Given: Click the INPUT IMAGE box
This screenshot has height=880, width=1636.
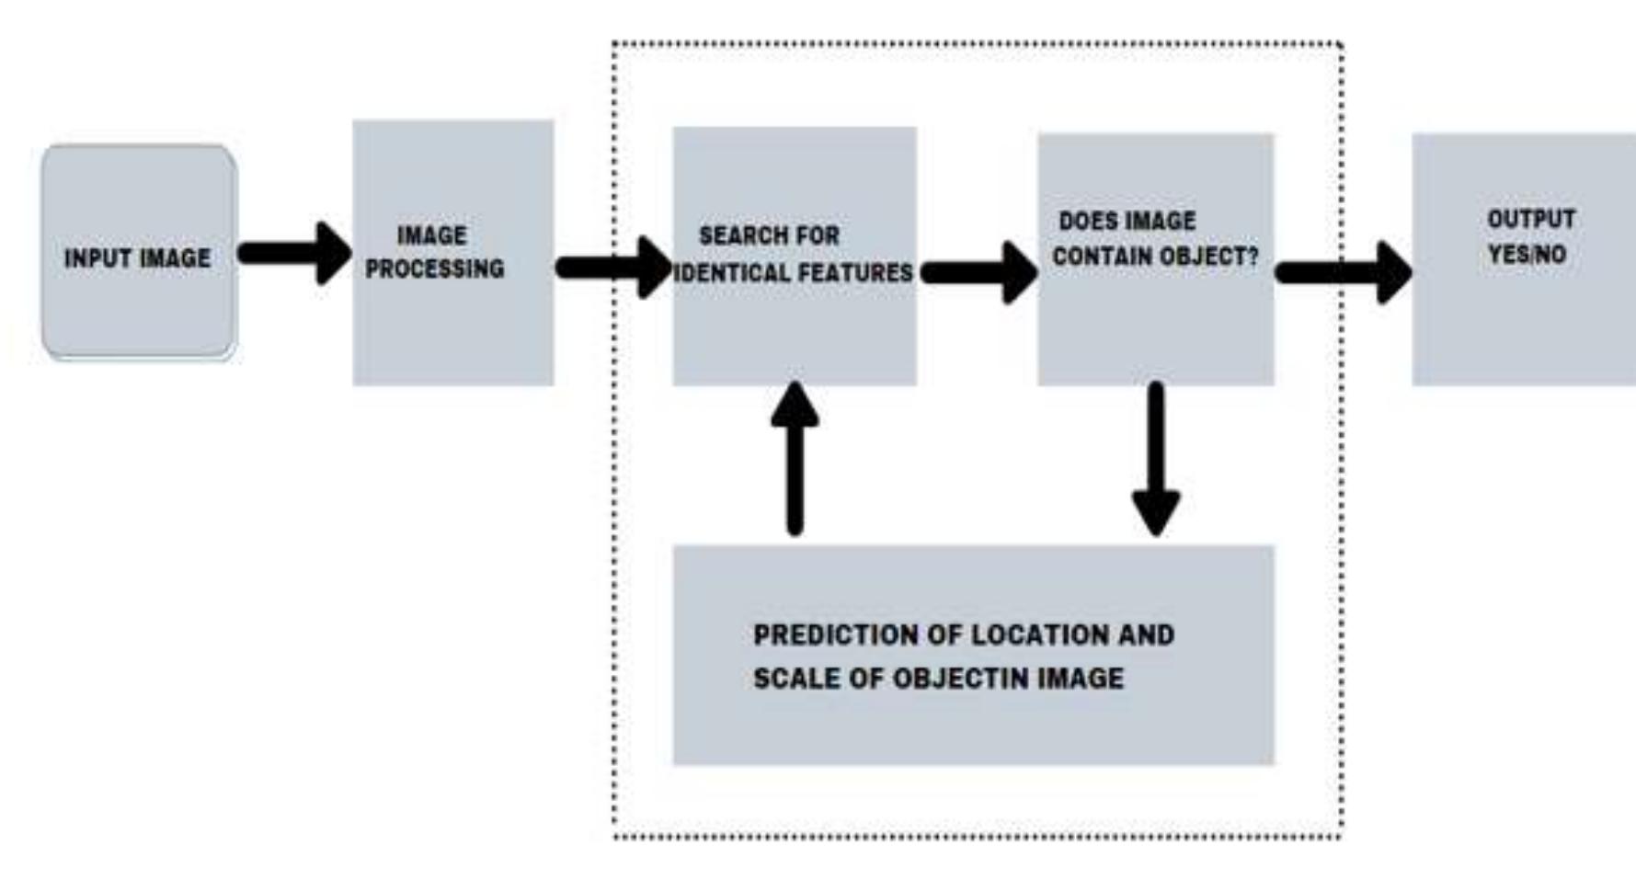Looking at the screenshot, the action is [139, 252].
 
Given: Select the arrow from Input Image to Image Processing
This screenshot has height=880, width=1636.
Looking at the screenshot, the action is [294, 253].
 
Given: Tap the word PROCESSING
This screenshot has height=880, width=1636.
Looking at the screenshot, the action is [435, 269].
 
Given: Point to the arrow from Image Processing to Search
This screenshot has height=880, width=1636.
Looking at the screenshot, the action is [614, 268].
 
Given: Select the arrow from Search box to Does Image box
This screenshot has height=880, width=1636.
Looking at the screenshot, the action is [979, 272].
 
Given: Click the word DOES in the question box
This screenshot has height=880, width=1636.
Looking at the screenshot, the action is [1083, 222].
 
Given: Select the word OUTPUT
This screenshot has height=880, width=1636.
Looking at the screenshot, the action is [1531, 220].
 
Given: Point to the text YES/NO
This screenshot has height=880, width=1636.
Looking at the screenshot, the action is [1527, 255].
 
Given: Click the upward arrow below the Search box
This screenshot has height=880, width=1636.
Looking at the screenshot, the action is [795, 458].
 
